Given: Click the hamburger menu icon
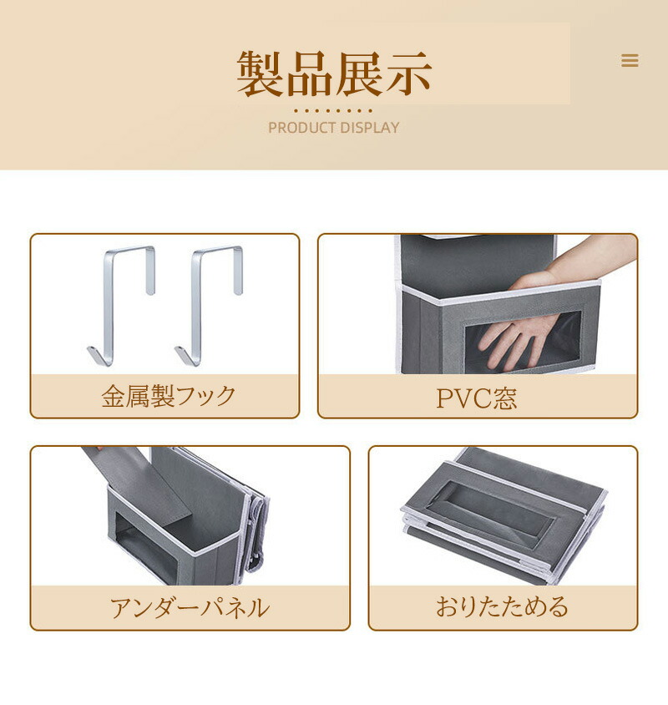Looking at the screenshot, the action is [630, 61].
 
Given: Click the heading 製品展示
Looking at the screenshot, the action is [334, 74].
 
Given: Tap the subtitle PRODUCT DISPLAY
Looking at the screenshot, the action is [333, 128].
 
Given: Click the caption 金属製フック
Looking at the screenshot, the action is [168, 396].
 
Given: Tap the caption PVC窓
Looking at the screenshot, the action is [477, 398].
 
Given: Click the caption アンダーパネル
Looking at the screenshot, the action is [190, 608].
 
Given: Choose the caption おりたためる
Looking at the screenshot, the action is [502, 606].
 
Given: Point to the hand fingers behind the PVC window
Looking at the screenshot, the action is [517, 339].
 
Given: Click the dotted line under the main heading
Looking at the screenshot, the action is [333, 110].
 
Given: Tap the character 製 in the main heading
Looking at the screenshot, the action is [261, 74].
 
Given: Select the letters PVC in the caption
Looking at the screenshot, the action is [464, 398].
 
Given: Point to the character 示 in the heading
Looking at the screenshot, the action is [408, 74].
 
